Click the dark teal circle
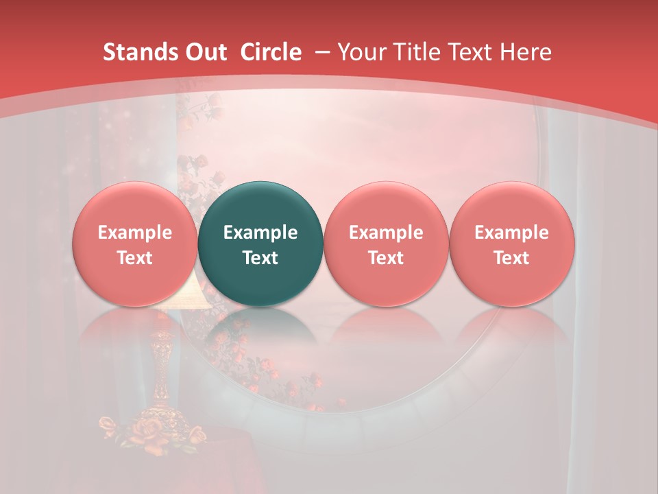260,244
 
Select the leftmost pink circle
135,244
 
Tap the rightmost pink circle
511,244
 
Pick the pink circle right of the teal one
386,244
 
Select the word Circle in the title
271,52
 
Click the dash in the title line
321,52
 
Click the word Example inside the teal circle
260,233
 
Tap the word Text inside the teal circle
260,258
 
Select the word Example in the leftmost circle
135,233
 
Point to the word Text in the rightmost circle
511,258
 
